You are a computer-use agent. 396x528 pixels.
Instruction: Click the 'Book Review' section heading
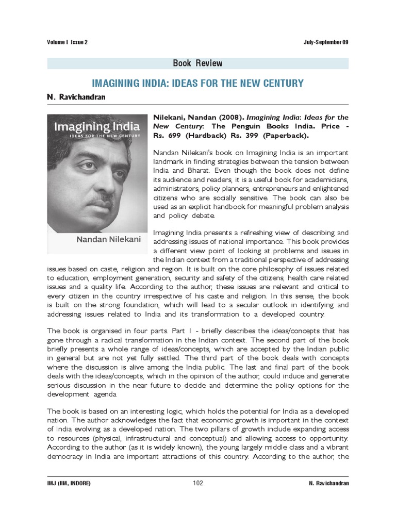point(198,63)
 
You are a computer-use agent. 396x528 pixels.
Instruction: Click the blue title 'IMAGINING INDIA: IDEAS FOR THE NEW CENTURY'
point(198,83)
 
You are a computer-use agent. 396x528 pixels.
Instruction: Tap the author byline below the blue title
point(76,97)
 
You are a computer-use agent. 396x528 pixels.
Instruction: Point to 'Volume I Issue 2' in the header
point(67,42)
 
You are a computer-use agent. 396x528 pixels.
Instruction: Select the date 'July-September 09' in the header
point(326,42)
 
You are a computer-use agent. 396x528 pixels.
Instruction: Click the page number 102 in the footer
point(198,483)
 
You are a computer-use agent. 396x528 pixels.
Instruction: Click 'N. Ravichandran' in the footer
point(326,483)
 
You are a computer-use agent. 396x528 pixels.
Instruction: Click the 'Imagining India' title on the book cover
point(97,127)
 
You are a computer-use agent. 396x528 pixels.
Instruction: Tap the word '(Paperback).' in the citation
point(283,136)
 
